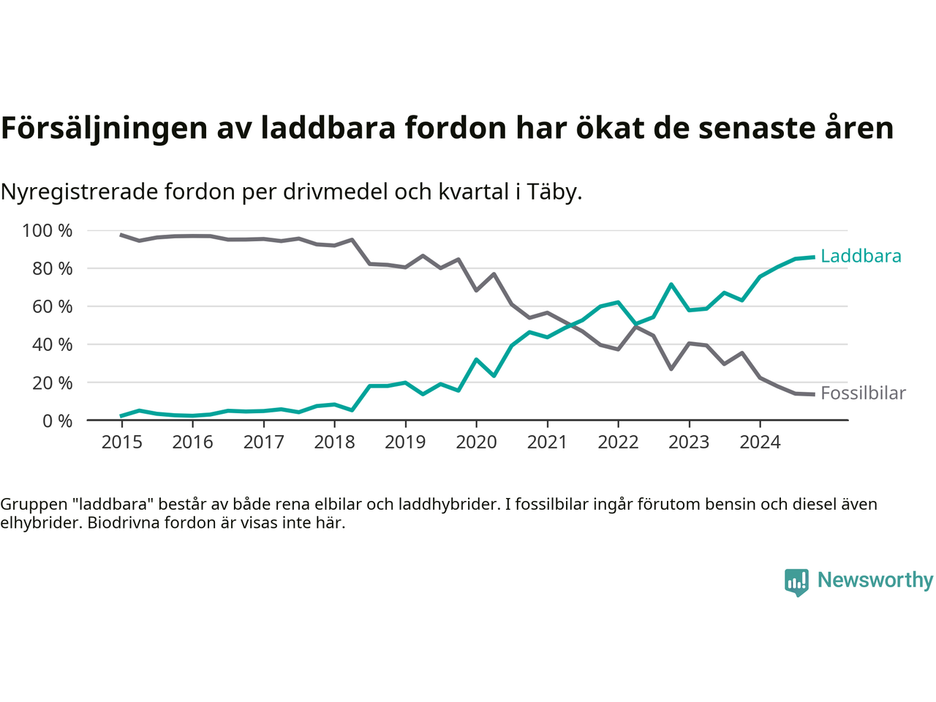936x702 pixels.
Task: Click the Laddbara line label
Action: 861,256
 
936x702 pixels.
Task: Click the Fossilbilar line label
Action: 863,393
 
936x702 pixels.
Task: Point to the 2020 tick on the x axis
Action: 476,442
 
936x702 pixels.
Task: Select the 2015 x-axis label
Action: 121,442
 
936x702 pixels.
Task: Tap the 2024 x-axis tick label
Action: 760,442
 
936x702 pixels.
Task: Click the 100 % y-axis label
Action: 48,231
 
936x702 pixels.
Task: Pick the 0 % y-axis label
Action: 56,420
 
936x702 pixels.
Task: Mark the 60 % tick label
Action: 52,306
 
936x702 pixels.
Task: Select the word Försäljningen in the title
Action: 104,128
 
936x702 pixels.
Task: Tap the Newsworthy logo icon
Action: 796,582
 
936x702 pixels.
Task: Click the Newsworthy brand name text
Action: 875,580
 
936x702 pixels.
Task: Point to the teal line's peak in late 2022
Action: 671,284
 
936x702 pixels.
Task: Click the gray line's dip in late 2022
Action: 671,369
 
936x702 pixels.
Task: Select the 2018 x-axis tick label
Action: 334,442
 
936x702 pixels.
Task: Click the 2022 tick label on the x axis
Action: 618,442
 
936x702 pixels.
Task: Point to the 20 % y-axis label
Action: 52,382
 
